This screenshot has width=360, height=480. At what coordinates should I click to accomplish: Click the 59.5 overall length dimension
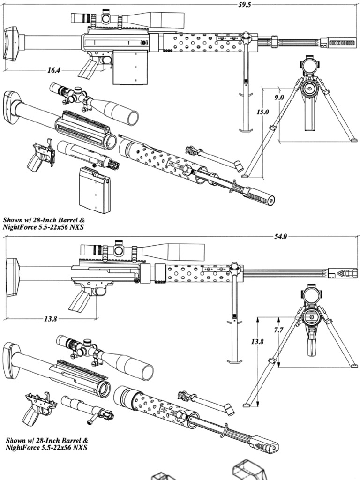[x=245, y=5]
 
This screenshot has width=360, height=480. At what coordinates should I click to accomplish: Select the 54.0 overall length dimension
[x=280, y=237]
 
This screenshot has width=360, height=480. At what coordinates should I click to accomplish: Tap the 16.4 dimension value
[x=53, y=71]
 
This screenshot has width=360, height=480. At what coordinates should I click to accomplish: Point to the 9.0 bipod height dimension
[x=278, y=97]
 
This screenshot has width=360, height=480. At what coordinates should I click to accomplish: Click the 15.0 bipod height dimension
[x=262, y=112]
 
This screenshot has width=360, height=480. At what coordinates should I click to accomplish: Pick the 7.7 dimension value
[x=278, y=330]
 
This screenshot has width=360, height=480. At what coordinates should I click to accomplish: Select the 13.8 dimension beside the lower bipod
[x=257, y=342]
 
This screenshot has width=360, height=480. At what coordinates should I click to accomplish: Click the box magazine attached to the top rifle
[x=130, y=67]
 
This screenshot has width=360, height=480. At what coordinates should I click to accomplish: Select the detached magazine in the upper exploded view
[x=95, y=190]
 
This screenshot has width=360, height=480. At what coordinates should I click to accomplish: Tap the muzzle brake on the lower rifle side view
[x=347, y=272]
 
